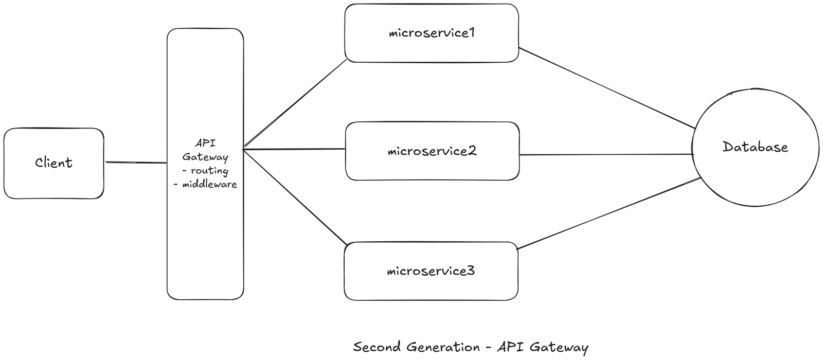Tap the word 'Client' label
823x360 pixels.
[x=53, y=163]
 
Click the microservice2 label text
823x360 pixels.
[x=432, y=151]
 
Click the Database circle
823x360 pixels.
[x=755, y=175]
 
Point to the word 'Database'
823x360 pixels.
[x=755, y=147]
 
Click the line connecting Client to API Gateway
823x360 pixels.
[x=136, y=163]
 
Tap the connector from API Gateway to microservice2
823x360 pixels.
[x=293, y=149]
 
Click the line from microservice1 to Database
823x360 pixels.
[x=607, y=88]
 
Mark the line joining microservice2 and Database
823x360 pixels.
[x=607, y=154]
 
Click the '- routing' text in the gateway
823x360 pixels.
[x=205, y=171]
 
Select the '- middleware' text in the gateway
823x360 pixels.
[x=205, y=184]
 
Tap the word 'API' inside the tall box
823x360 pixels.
[x=205, y=143]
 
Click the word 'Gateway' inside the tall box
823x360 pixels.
[x=205, y=157]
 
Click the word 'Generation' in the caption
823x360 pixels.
[x=443, y=347]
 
